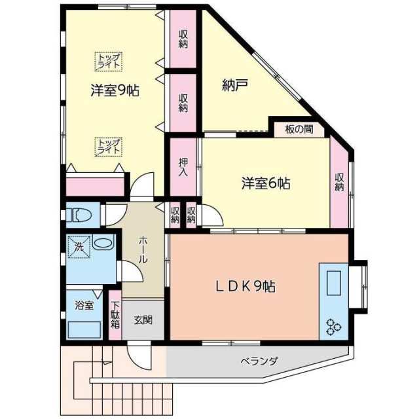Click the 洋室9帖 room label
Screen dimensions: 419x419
tap(115, 91)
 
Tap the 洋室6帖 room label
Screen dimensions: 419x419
tap(265, 183)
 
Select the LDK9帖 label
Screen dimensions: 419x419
tap(246, 286)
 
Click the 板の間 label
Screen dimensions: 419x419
tap(299, 129)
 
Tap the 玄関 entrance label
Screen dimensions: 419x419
tap(143, 320)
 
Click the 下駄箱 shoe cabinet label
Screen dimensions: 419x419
tap(115, 316)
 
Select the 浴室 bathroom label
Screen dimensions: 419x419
tap(84, 305)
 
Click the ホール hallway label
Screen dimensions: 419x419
tap(143, 249)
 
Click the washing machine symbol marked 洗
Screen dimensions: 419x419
tap(78, 247)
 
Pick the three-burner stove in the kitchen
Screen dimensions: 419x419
tap(333, 325)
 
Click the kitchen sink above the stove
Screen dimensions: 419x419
tap(333, 284)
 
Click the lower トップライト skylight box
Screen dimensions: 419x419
tap(108, 146)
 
